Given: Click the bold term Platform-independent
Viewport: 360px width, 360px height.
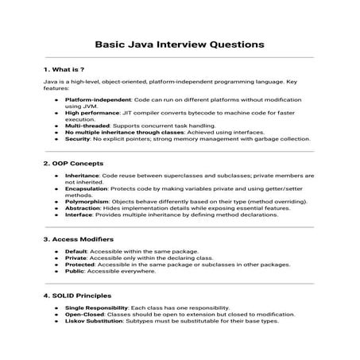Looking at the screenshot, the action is [x=94, y=101].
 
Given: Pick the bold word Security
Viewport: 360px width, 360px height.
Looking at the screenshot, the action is [x=79, y=137].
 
